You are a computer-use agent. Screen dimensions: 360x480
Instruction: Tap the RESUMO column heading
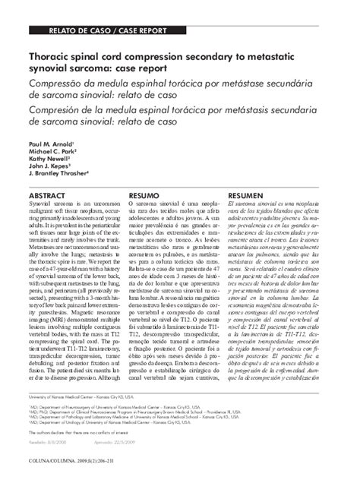(144, 195)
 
